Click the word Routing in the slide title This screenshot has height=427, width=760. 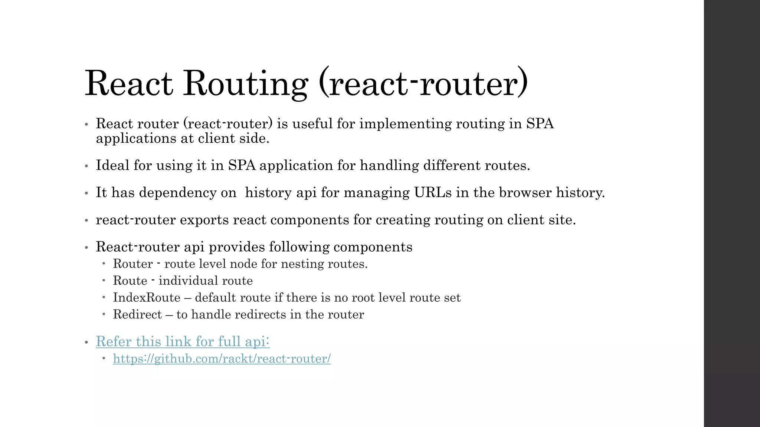click(x=246, y=83)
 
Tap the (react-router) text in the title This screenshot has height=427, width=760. click(x=423, y=83)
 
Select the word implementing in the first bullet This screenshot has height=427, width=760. click(x=405, y=124)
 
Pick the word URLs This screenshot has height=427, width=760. click(x=433, y=192)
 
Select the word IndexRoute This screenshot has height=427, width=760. click(x=147, y=298)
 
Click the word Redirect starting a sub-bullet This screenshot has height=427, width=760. click(x=137, y=314)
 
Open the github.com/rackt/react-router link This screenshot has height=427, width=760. click(x=222, y=359)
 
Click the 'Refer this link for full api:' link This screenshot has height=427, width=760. click(x=183, y=341)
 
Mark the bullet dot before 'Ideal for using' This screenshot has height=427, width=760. click(x=86, y=166)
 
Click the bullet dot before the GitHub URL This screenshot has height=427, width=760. click(x=104, y=358)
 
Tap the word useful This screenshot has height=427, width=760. click(x=312, y=124)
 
